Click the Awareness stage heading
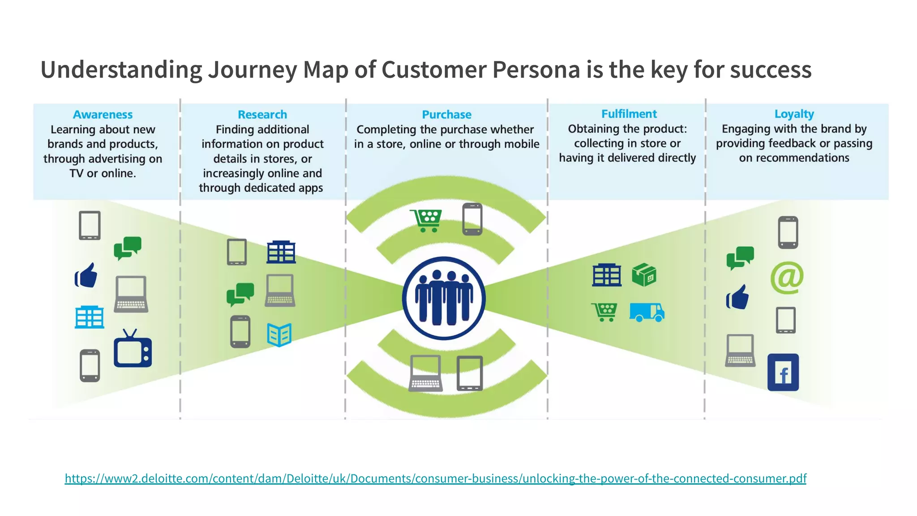pos(103,115)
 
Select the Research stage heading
pos(262,115)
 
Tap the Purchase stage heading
pos(446,115)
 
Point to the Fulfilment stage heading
pos(629,114)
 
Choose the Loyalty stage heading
pos(794,114)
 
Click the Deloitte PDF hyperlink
pos(435,478)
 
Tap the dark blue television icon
pos(133,349)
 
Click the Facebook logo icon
pos(783,373)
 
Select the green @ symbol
pos(787,278)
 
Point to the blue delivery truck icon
pos(647,312)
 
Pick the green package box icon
pos(644,275)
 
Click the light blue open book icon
pos(279,335)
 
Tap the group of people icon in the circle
pos(443,298)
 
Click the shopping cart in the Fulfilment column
pos(604,312)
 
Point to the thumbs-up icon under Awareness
pos(86,275)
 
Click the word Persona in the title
pos(536,70)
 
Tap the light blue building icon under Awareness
pos(89,317)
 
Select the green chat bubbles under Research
pos(240,294)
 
